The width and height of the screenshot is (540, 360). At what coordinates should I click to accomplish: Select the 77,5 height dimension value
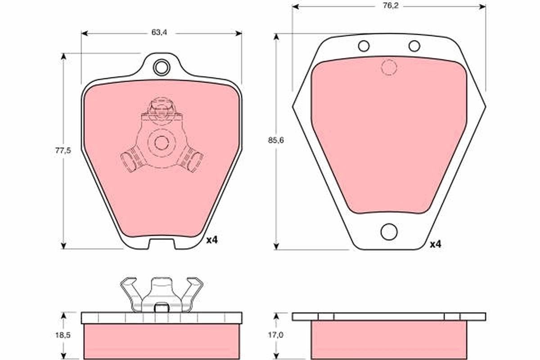pyautogui.click(x=63, y=151)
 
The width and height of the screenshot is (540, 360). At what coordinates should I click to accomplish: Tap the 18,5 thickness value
pyautogui.click(x=63, y=335)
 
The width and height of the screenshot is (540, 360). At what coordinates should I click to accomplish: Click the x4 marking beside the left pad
pyautogui.click(x=212, y=240)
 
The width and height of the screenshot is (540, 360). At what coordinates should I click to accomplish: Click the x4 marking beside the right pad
pyautogui.click(x=436, y=244)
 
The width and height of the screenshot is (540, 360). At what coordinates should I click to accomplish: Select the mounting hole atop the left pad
pyautogui.click(x=161, y=67)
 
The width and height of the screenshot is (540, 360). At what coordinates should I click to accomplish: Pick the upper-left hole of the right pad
pyautogui.click(x=364, y=46)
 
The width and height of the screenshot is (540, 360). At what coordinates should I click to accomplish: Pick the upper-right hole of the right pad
pyautogui.click(x=414, y=46)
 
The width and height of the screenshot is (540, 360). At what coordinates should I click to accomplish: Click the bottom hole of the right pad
pyautogui.click(x=389, y=232)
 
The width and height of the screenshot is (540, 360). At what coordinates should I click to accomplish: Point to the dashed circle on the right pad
pyautogui.click(x=389, y=67)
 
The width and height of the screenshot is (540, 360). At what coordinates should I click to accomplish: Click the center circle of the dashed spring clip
pyautogui.click(x=161, y=143)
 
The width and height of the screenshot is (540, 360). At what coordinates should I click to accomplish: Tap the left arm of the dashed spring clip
pyautogui.click(x=131, y=160)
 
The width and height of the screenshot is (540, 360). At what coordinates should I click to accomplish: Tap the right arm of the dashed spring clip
pyautogui.click(x=191, y=160)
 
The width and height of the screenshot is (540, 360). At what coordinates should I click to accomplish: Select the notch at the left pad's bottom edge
pyautogui.click(x=161, y=243)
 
